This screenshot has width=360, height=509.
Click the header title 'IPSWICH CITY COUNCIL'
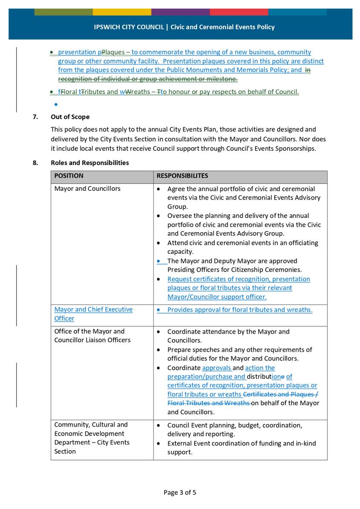tap(129, 27)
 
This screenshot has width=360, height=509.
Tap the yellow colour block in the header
tap(122, 12)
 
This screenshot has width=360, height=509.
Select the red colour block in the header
tap(238, 12)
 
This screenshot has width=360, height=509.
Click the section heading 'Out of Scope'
tap(70, 116)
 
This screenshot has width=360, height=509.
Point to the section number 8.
tap(35, 163)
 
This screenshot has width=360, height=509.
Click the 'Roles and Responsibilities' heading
tap(90, 163)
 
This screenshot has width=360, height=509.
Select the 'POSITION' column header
tap(69, 176)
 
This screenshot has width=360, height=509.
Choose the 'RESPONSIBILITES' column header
tap(182, 176)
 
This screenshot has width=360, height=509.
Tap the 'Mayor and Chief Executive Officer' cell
tap(93, 314)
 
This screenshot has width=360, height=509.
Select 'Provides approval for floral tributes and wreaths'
tap(239, 310)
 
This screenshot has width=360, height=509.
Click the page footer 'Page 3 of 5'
tap(180, 492)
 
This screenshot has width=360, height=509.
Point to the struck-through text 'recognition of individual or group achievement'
tap(147, 79)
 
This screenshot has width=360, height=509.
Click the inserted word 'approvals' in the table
tap(216, 368)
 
